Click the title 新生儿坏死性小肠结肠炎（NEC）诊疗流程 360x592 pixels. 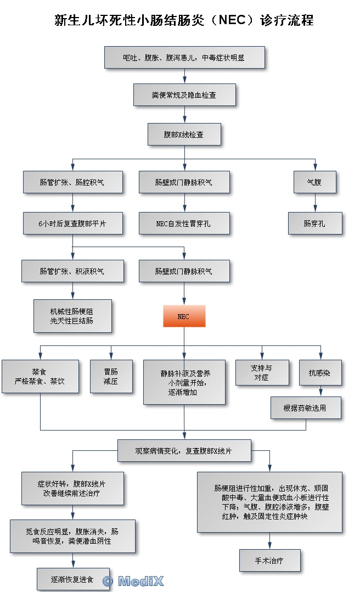point(184,20)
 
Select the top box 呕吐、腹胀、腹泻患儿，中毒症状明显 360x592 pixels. point(184,57)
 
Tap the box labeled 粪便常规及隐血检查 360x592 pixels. point(184,94)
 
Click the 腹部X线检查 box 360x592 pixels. point(184,134)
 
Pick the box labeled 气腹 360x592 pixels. point(315,182)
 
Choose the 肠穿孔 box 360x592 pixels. point(315,224)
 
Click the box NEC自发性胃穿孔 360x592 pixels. point(184,224)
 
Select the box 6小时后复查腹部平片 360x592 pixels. point(72,224)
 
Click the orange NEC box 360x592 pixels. point(184,316)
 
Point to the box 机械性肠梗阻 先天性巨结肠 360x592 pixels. point(72,316)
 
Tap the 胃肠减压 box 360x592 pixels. point(111,376)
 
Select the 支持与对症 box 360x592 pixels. point(262,373)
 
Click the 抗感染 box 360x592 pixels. point(320,373)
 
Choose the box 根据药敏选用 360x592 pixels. point(306,408)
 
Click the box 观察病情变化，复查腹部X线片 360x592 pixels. point(184,451)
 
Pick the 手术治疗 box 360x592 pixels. point(269,561)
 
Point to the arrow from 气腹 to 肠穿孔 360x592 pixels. point(315,203)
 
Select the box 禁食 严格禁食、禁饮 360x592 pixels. point(40,376)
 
